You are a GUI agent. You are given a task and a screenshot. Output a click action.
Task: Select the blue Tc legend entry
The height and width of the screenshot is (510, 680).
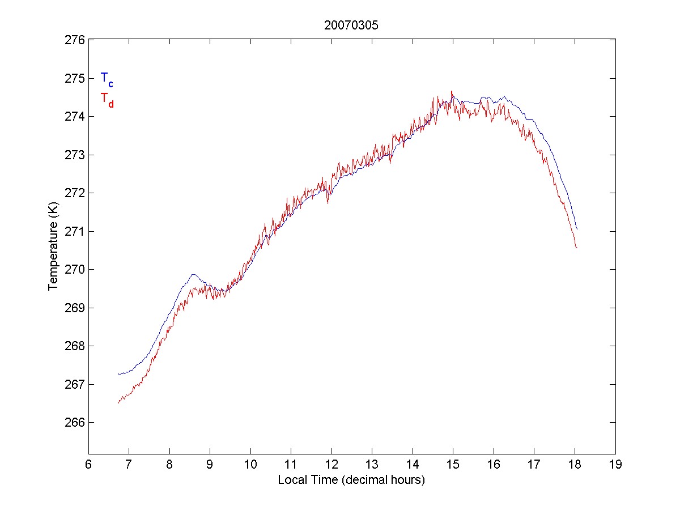[107, 79]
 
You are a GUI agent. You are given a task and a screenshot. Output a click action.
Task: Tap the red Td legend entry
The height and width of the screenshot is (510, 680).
[107, 99]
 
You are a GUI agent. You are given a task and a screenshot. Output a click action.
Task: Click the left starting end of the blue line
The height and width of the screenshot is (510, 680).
[118, 375]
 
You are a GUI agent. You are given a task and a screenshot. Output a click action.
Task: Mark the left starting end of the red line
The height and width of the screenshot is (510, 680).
[118, 402]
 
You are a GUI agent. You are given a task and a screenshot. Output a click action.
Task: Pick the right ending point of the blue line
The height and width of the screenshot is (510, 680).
[577, 229]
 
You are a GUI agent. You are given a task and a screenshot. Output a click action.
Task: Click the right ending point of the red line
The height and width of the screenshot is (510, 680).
[577, 248]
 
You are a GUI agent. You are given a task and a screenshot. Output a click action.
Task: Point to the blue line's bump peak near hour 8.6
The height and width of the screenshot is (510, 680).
[194, 274]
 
